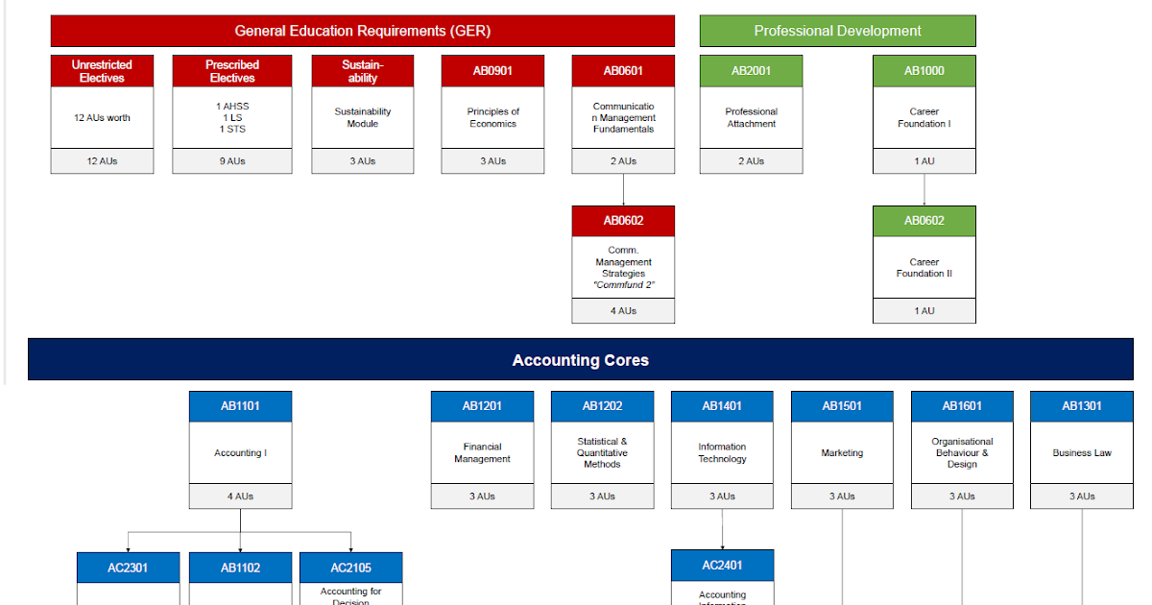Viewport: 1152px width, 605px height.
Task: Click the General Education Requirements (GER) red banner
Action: (x=362, y=31)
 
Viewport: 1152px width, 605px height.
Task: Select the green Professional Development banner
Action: (x=837, y=31)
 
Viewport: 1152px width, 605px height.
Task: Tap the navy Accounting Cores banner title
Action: (x=580, y=360)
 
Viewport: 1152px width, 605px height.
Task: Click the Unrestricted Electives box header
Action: (x=102, y=71)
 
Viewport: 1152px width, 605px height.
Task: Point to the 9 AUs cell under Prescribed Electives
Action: (x=231, y=161)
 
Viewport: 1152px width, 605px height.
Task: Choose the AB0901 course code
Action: (x=492, y=71)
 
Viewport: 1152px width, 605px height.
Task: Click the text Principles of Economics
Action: (x=492, y=117)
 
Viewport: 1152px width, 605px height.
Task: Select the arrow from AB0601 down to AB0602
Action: (x=623, y=190)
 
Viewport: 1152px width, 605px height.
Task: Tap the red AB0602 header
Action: (x=623, y=221)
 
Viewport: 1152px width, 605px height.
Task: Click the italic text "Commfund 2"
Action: (x=623, y=285)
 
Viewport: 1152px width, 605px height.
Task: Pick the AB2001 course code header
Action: (x=751, y=71)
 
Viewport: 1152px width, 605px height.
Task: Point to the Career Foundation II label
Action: (x=924, y=268)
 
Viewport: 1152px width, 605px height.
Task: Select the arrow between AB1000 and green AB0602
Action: (x=924, y=190)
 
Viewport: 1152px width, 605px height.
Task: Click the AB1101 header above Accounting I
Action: (x=240, y=406)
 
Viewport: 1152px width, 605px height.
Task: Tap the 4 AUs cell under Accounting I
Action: (x=240, y=496)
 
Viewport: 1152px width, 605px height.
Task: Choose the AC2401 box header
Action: (x=722, y=566)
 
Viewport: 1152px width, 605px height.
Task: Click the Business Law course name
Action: (x=1081, y=453)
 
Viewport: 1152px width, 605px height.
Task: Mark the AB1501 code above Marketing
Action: (x=842, y=406)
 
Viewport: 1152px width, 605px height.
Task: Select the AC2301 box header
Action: (x=128, y=568)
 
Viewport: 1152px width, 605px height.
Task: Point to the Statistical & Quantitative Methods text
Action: (x=602, y=453)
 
